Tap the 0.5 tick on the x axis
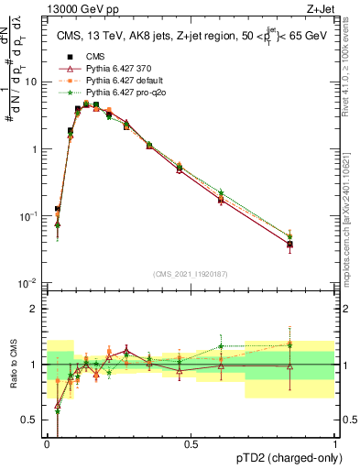point(191,444)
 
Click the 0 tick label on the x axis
point(47,444)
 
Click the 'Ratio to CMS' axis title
point(12,365)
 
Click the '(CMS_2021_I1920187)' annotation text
point(191,273)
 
